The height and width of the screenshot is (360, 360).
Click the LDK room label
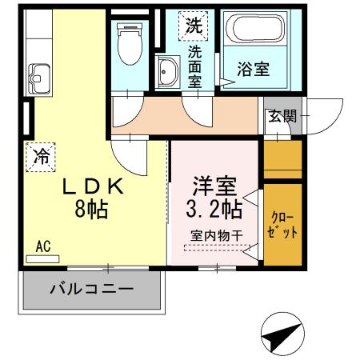pos(94,186)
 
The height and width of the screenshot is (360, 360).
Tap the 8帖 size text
pos(94,210)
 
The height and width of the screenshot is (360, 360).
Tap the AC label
pos(42,248)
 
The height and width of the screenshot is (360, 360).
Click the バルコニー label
pos(92,288)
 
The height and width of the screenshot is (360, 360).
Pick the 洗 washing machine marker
pos(193,26)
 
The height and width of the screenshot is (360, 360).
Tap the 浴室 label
pos(252,70)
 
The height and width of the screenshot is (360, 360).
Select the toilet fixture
pos(128,46)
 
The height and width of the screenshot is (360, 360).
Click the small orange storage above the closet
pos(282,158)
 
